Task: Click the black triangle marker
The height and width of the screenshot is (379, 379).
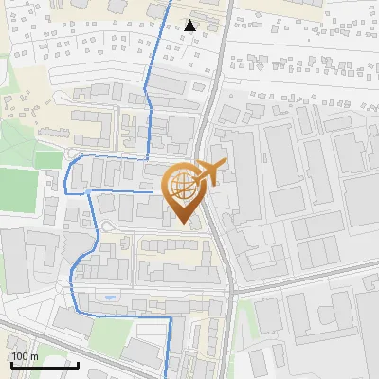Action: (x=190, y=26)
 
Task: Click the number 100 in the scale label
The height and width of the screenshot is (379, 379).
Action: (x=19, y=356)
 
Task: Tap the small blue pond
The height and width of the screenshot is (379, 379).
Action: (x=111, y=298)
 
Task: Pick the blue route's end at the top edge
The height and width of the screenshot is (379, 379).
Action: (x=171, y=2)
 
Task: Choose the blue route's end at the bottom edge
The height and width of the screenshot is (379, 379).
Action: (x=171, y=376)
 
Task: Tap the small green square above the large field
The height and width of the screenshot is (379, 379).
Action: (x=47, y=159)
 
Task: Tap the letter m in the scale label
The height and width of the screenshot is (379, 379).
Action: (x=34, y=356)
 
